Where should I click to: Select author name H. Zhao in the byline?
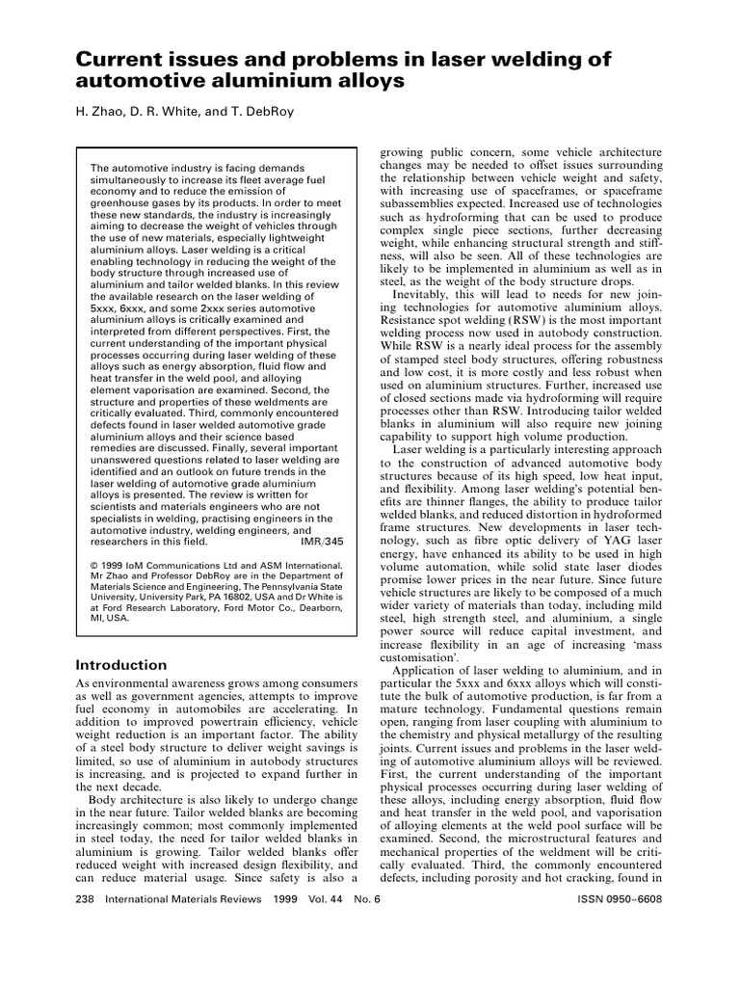pos(101,111)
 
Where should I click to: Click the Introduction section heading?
pos(121,665)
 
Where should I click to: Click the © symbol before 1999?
pos(93,567)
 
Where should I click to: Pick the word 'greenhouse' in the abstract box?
pos(121,204)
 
